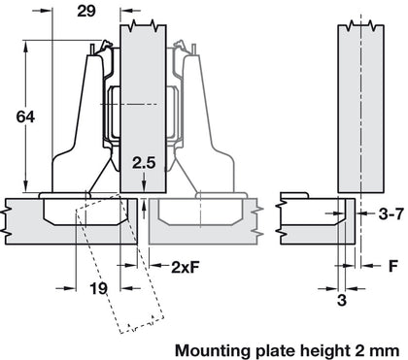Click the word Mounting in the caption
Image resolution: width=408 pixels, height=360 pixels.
(x=210, y=346)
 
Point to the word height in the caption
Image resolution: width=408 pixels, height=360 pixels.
(x=319, y=346)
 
